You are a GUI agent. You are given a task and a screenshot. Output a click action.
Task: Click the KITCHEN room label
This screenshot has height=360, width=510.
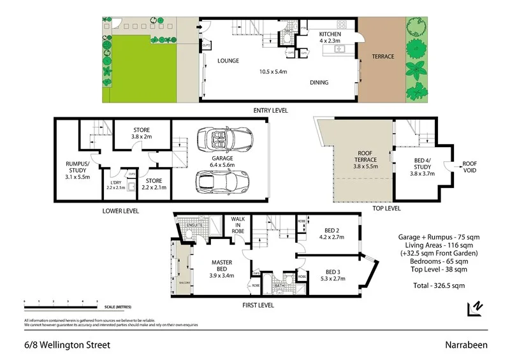[x=330, y=34]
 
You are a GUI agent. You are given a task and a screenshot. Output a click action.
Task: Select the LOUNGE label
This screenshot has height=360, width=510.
[x=228, y=61]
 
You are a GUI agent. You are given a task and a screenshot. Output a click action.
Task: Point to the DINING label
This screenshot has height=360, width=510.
[x=319, y=82]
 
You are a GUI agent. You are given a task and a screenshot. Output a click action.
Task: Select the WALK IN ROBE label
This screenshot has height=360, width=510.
[x=239, y=226]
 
